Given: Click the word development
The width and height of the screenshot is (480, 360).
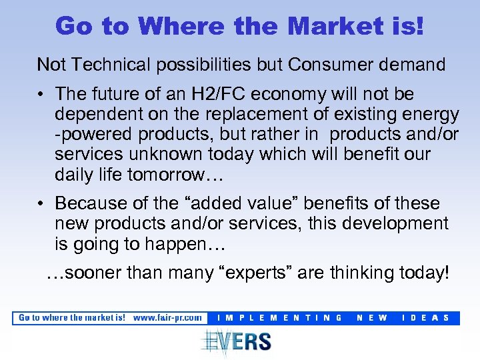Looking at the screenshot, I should [397, 223].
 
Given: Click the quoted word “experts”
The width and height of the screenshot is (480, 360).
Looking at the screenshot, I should [285, 273].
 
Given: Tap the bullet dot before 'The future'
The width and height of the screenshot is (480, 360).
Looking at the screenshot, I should [42, 94].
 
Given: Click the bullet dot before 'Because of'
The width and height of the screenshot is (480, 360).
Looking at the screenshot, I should [42, 203].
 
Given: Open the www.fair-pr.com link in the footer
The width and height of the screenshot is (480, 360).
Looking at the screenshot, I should [167, 318].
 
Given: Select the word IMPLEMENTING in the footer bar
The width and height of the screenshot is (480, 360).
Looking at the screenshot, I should [280, 318].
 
